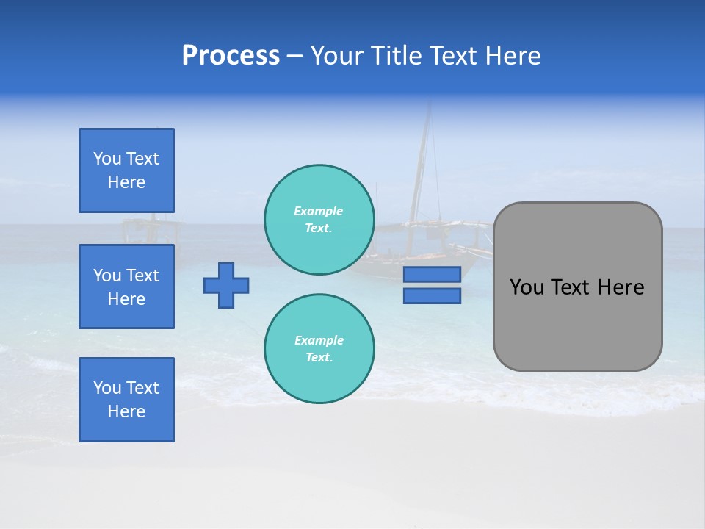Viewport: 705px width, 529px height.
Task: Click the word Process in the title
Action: pos(231,56)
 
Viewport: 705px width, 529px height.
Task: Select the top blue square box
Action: pos(126,170)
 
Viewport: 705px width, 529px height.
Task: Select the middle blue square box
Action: pos(126,287)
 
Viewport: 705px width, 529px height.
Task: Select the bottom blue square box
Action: pos(126,400)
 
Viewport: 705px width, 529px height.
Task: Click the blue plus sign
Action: pos(226,285)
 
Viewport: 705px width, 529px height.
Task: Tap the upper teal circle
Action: pos(319,220)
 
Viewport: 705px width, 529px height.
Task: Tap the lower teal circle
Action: pos(319,349)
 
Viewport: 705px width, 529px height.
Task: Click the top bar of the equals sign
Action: pos(432,274)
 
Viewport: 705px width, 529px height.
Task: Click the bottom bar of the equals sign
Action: pos(432,296)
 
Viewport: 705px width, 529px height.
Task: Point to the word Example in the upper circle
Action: pos(318,211)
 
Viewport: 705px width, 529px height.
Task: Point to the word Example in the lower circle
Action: pos(319,340)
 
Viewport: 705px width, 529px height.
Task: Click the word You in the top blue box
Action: pos(106,159)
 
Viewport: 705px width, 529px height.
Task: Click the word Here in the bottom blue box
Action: pos(126,411)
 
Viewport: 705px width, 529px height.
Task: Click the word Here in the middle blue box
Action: pos(126,299)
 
